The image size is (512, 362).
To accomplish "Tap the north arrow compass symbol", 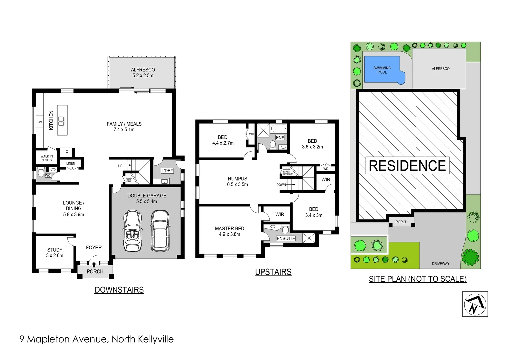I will pyautogui.click(x=475, y=304).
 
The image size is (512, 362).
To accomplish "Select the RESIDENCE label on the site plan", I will pyautogui.click(x=407, y=166).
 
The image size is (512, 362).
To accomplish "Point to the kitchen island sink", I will pyautogui.click(x=61, y=121).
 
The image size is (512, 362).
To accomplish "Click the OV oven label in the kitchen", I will pyautogui.click(x=40, y=122).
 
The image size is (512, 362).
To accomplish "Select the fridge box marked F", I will pyautogui.click(x=67, y=153).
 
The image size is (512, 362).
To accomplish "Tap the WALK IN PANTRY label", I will pyautogui.click(x=47, y=158).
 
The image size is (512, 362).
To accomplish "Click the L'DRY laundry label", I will pyautogui.click(x=167, y=171).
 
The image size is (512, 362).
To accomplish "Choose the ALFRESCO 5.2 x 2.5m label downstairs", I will pyautogui.click(x=143, y=73).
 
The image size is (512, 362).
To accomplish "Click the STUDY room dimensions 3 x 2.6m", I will pyautogui.click(x=55, y=256).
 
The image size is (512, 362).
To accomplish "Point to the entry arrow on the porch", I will pyautogui.click(x=94, y=265).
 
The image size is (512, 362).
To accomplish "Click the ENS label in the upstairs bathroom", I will pyautogui.click(x=280, y=138).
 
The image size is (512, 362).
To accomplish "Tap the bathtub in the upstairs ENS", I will pyautogui.click(x=279, y=128).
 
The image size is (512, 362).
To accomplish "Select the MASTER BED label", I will pyautogui.click(x=230, y=229).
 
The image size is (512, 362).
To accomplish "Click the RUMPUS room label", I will pyautogui.click(x=237, y=179).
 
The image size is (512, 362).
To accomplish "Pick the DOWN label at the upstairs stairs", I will pyautogui.click(x=281, y=185).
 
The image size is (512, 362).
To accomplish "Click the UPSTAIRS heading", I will pyautogui.click(x=273, y=272).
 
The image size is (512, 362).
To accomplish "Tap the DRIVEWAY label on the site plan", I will pyautogui.click(x=440, y=264).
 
